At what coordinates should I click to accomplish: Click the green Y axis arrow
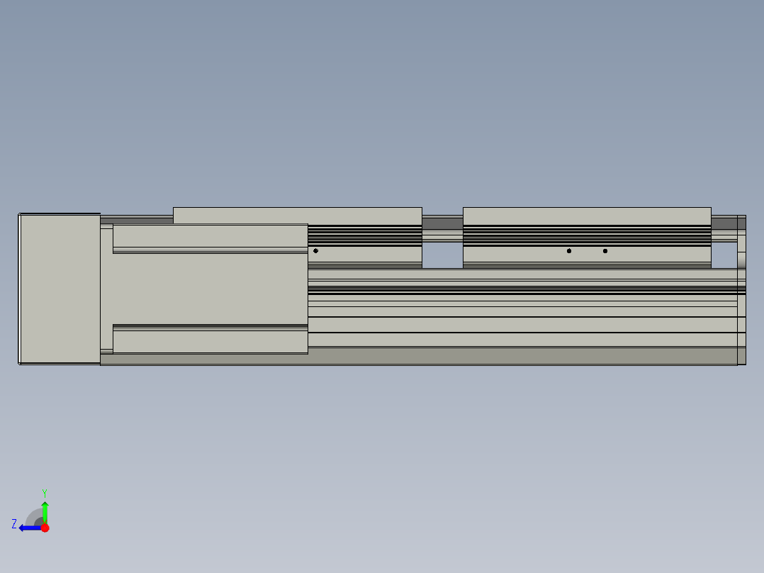(x=45, y=512)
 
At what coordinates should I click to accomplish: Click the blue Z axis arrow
(x=30, y=528)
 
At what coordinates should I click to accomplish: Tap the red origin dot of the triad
(x=45, y=528)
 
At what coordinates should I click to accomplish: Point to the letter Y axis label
(x=45, y=493)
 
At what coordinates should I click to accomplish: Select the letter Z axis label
(x=14, y=524)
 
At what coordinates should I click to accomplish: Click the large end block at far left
(x=60, y=289)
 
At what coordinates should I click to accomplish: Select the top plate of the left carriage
(x=297, y=216)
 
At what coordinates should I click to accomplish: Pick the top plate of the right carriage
(x=587, y=216)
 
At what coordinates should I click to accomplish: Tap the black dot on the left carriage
(x=316, y=250)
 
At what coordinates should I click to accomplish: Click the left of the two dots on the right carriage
(x=569, y=251)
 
